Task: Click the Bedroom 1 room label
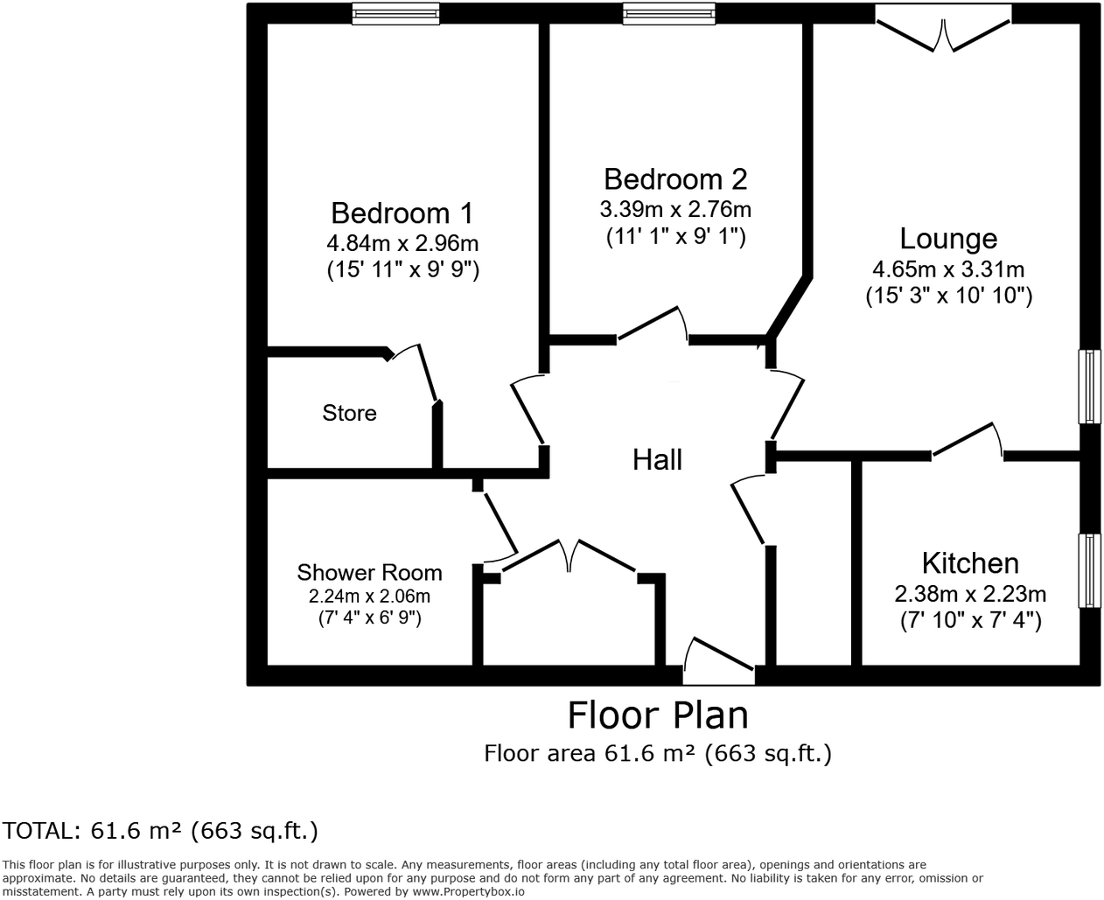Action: pyautogui.click(x=402, y=213)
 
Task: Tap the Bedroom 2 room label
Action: pyautogui.click(x=675, y=179)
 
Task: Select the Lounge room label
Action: pyautogui.click(x=948, y=239)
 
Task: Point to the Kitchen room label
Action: pyautogui.click(x=970, y=562)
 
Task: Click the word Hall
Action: pyautogui.click(x=657, y=460)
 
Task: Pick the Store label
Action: pyautogui.click(x=349, y=413)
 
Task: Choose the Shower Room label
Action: pyautogui.click(x=369, y=573)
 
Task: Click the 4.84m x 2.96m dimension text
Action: pyautogui.click(x=402, y=243)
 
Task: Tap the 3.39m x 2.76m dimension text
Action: pyautogui.click(x=675, y=210)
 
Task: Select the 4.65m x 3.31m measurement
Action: pyautogui.click(x=948, y=269)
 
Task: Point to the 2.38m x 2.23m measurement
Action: pyautogui.click(x=970, y=595)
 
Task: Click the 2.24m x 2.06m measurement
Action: pyautogui.click(x=369, y=597)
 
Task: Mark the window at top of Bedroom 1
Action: pyautogui.click(x=395, y=13)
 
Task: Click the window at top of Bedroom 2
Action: pyautogui.click(x=669, y=13)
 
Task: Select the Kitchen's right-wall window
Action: pyautogui.click(x=1089, y=570)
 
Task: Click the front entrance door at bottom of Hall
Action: pyautogui.click(x=718, y=663)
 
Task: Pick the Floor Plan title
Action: pyautogui.click(x=658, y=715)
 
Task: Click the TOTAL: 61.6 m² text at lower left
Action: pyautogui.click(x=160, y=830)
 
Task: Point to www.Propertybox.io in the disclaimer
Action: pyautogui.click(x=468, y=891)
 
